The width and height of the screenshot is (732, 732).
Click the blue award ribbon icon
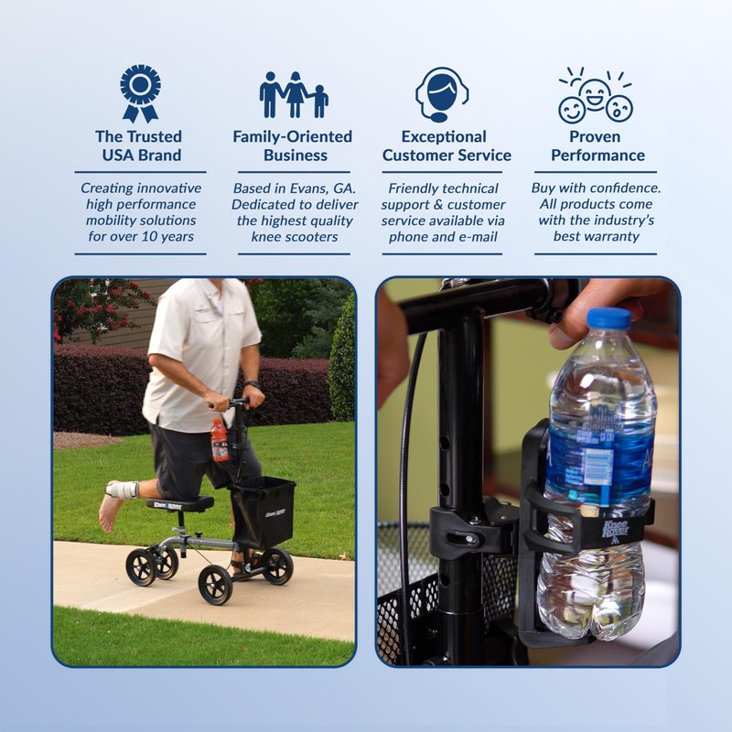[x=140, y=93]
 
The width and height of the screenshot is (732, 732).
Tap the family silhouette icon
[x=294, y=95]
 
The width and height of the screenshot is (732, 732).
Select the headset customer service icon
[x=442, y=95]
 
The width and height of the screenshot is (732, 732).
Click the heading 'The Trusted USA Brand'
[x=140, y=145]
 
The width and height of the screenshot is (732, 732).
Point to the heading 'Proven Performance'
[x=597, y=145]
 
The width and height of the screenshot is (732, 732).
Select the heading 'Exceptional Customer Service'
[x=447, y=145]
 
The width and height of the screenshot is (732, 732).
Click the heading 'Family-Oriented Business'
[x=293, y=145]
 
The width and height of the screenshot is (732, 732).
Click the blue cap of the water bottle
[x=608, y=318]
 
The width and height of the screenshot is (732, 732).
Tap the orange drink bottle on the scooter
[x=219, y=440]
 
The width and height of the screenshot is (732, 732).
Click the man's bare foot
[x=108, y=512]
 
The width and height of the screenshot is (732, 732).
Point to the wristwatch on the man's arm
[x=253, y=384]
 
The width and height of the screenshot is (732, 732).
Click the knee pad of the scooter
[x=180, y=504]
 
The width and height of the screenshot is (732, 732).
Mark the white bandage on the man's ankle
[x=123, y=489]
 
